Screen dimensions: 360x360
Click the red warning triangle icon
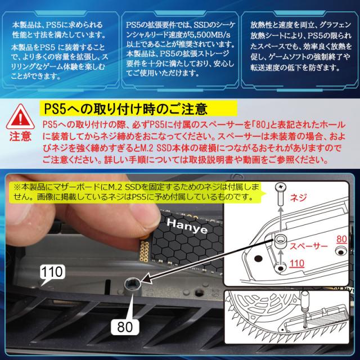pos(20,117)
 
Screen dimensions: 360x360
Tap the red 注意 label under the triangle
pos(20,136)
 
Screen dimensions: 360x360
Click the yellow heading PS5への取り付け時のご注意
pos(126,109)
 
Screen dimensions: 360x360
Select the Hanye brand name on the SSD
pos(187,226)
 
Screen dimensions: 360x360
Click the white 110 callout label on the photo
pos(52,272)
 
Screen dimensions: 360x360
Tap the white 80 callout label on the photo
pos(125,327)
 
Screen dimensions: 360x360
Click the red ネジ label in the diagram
pos(299,197)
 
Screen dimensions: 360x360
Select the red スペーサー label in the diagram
pos(309,246)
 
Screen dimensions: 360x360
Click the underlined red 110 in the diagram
pos(296,264)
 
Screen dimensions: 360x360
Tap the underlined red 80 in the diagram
pos(341,239)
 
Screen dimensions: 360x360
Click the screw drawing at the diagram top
pos(281,194)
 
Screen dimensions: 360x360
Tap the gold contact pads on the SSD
pos(144,251)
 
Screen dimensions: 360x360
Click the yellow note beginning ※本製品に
pos(136,192)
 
